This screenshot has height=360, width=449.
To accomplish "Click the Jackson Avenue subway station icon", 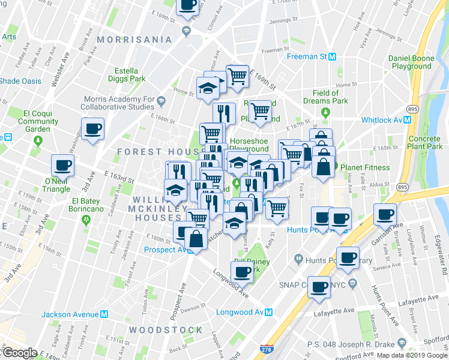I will (x=104, y=314).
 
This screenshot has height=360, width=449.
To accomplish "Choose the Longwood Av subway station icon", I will (x=270, y=312).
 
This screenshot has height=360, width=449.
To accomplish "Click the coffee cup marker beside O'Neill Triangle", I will (x=62, y=165).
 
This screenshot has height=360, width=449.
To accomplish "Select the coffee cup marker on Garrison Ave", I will (x=385, y=214).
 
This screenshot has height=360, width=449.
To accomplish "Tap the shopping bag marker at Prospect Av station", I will (x=196, y=238).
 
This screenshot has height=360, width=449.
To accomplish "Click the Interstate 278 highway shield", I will (x=266, y=347).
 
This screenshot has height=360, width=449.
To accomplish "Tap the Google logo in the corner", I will (x=20, y=352).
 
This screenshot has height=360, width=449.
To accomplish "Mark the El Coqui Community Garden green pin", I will (x=38, y=141).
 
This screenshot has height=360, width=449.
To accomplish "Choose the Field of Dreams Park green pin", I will (x=325, y=112).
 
